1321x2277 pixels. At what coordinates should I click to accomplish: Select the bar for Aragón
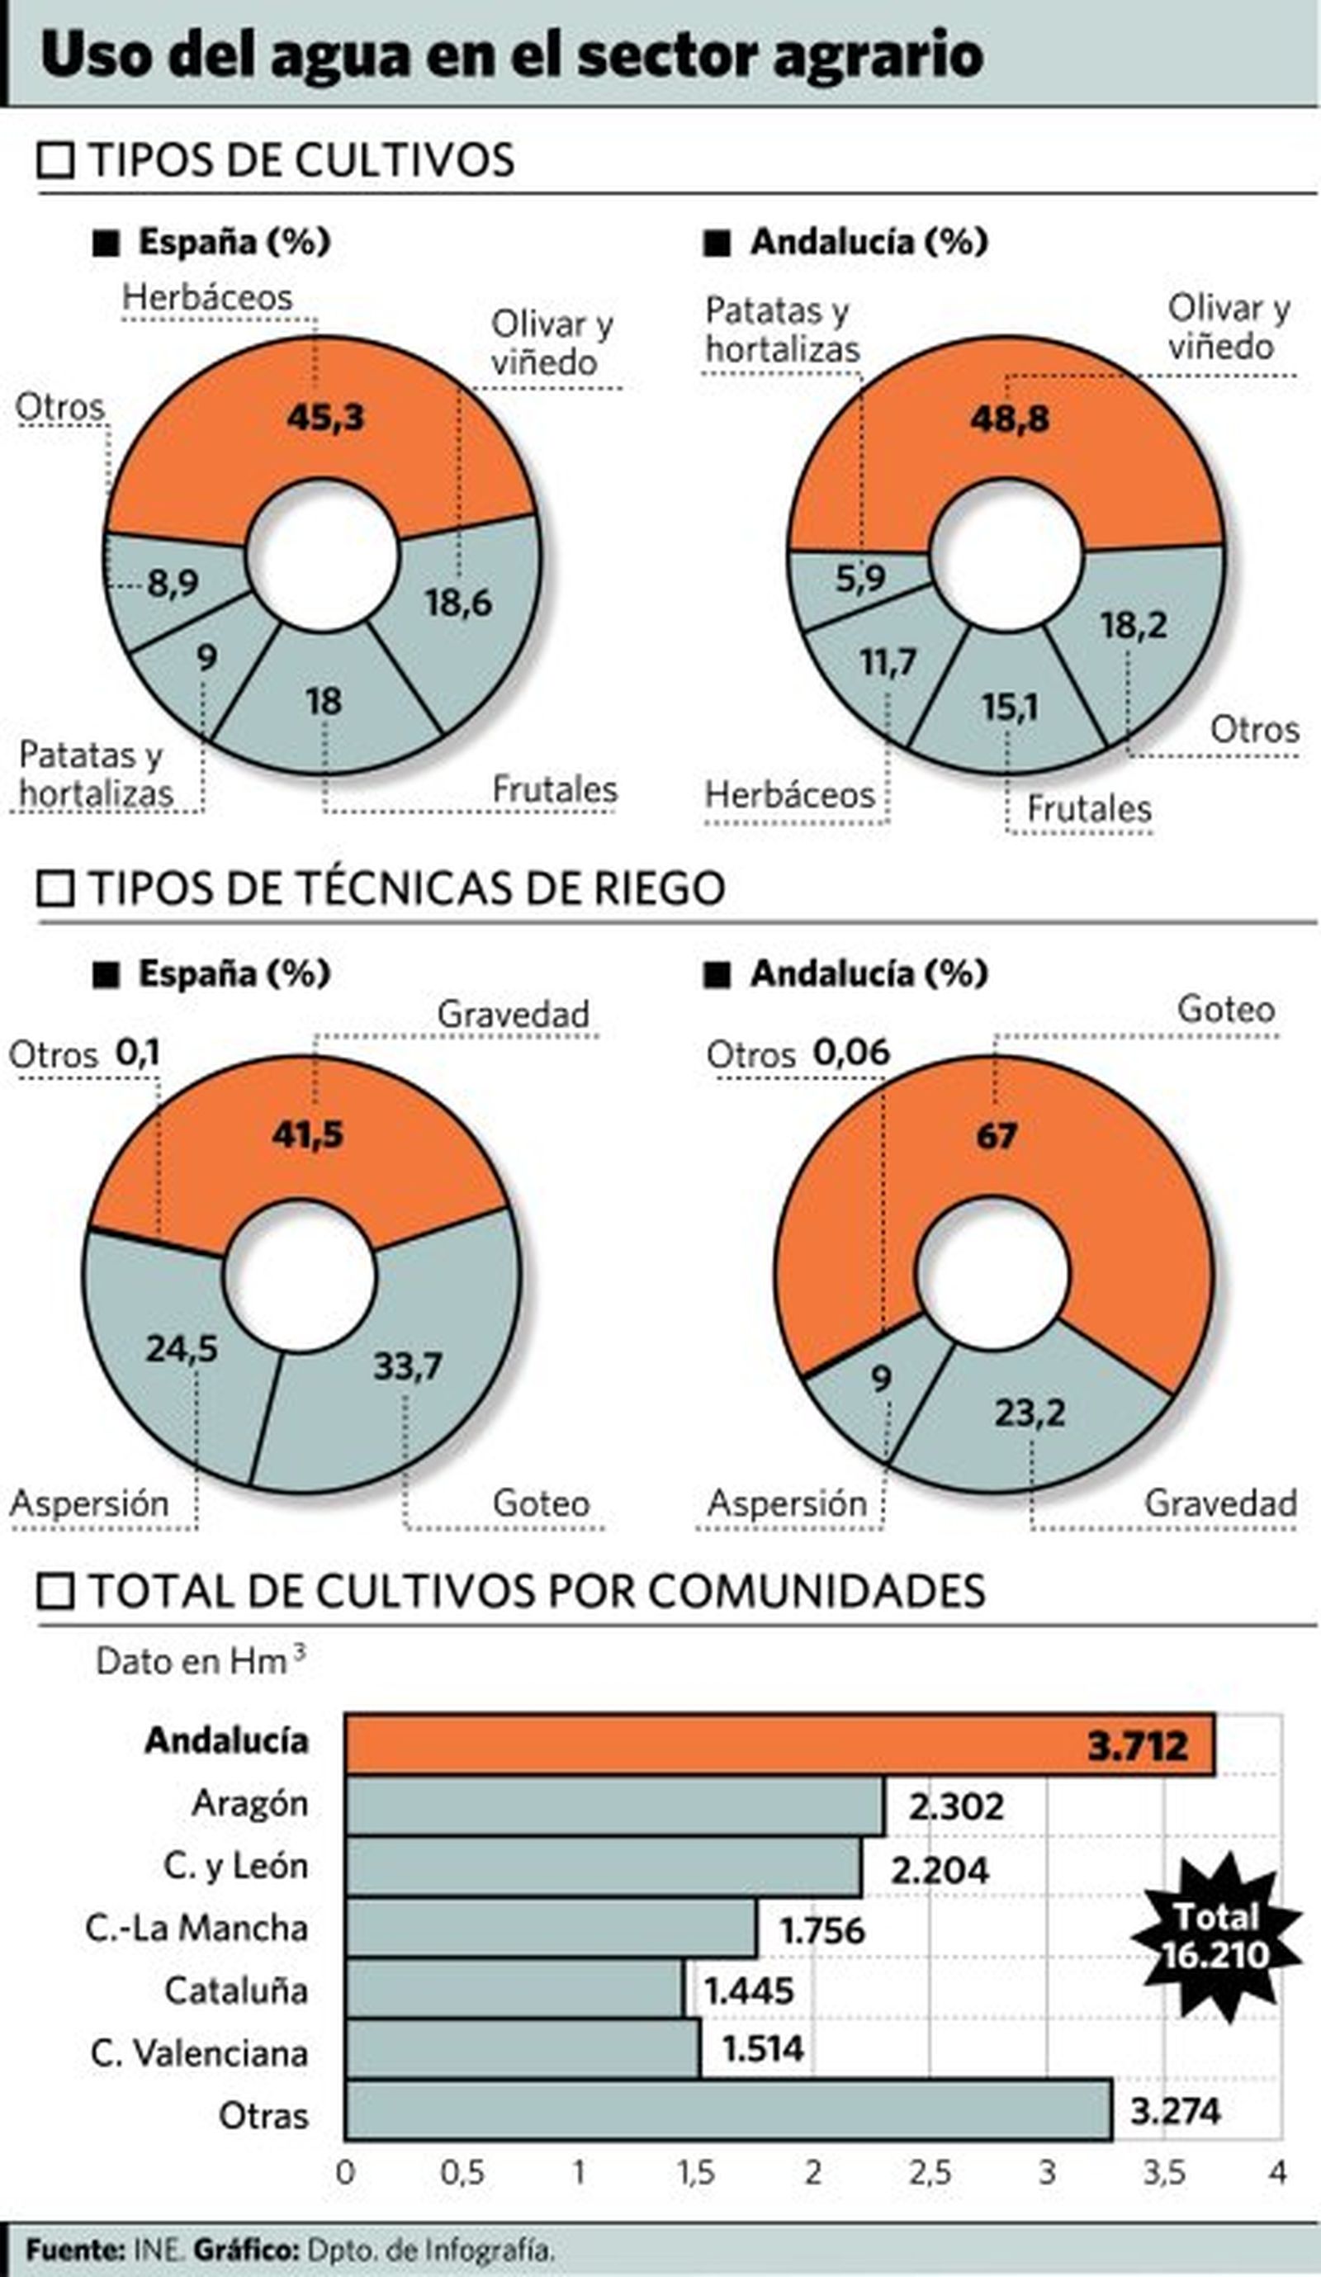point(614,1806)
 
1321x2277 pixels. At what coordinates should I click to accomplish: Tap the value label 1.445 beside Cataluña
point(748,1991)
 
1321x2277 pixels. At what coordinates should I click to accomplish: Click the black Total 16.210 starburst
point(1215,1935)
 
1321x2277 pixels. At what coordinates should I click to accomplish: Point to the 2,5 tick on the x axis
point(930,2173)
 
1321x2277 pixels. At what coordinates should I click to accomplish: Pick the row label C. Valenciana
point(200,2053)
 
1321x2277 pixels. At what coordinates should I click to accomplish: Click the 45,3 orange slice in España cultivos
point(325,418)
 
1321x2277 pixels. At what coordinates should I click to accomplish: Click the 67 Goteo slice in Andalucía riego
point(997,1136)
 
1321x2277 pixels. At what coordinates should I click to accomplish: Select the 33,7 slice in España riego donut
point(408,1366)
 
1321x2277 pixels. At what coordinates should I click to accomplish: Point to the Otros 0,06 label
point(798,1053)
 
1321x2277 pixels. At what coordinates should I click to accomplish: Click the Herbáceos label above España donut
point(208,297)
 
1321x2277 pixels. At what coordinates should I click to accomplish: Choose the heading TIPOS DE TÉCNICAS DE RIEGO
point(406,888)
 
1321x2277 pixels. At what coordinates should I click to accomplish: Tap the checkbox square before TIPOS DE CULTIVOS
point(55,161)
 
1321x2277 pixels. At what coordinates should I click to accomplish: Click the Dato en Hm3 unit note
point(200,1661)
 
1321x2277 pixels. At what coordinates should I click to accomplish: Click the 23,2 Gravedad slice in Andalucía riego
point(1030,1413)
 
